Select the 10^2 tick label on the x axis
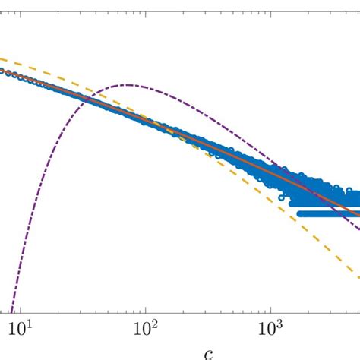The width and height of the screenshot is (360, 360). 145,327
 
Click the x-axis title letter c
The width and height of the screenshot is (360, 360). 208,352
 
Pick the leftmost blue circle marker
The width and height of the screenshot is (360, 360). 2,72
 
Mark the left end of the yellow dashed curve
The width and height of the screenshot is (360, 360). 1,58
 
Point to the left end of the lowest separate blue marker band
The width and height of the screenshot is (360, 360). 299,213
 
